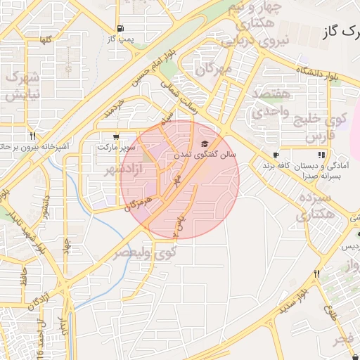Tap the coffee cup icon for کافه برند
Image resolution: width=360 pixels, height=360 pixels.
276,155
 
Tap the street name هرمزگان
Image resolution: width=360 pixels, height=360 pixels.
138,203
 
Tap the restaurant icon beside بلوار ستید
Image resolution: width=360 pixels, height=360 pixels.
317,274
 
